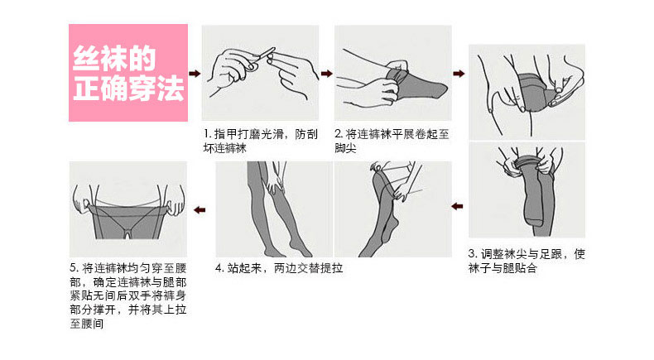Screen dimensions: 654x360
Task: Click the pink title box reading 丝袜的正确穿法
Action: (128, 73)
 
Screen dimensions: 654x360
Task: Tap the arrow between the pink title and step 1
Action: (195, 74)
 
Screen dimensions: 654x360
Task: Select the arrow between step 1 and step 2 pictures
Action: (326, 74)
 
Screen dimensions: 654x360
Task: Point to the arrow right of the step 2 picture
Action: (459, 74)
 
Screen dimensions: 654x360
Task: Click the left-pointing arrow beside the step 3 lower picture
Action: (458, 206)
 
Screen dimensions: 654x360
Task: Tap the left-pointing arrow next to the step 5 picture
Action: (200, 210)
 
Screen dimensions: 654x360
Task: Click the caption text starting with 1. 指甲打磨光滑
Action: (261, 141)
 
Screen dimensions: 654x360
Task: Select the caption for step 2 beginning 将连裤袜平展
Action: (392, 141)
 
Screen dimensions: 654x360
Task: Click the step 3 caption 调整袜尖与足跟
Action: (527, 262)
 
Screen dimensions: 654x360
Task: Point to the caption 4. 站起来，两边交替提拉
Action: (279, 268)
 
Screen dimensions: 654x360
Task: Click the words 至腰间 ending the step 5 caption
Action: (87, 324)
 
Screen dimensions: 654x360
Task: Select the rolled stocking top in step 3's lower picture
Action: (528, 164)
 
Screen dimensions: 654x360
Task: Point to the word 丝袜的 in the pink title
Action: (114, 58)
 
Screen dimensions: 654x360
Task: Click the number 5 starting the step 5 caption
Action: (74, 268)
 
